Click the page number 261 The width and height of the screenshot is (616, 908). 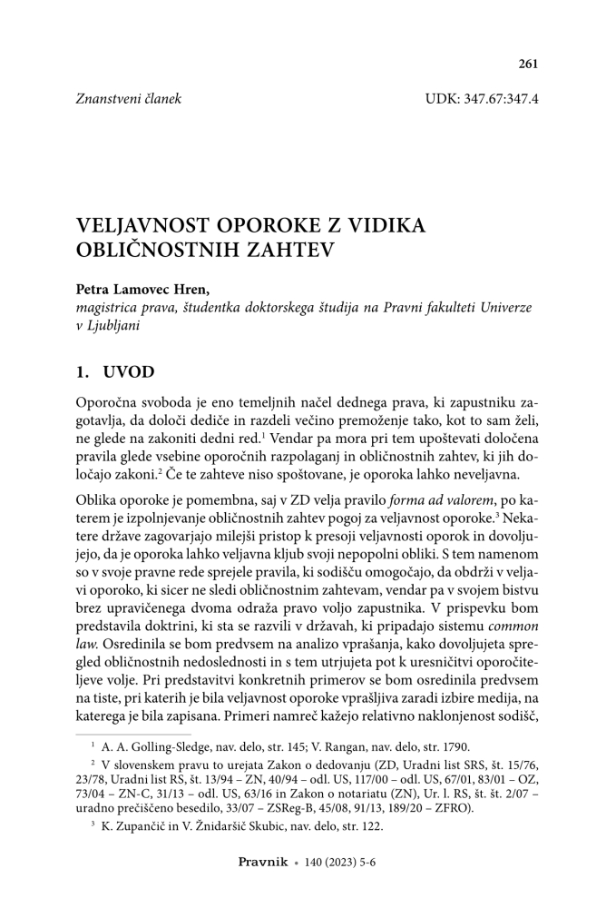(528, 64)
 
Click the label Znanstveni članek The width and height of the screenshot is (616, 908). (128, 98)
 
